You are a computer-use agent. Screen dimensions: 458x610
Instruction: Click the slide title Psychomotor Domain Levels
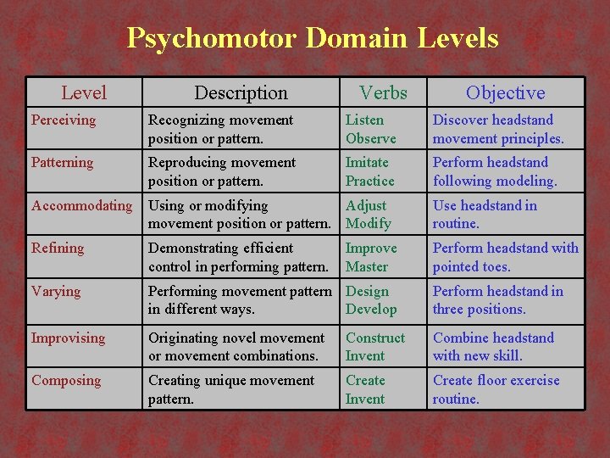tap(313, 38)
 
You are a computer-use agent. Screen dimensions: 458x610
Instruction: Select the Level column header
tap(84, 92)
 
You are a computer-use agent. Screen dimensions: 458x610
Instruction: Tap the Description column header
tap(241, 92)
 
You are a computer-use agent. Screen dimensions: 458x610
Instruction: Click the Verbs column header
tap(383, 92)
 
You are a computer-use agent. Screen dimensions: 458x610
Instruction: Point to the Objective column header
tap(505, 92)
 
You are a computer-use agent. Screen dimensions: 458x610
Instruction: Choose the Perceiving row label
tap(64, 120)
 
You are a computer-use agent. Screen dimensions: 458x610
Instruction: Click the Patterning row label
tap(62, 163)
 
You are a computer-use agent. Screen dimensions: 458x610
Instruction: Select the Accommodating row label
tap(81, 206)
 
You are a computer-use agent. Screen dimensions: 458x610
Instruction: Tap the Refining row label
tap(58, 249)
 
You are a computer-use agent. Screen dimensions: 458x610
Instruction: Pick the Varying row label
tap(56, 292)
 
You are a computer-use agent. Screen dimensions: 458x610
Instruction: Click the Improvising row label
tap(69, 338)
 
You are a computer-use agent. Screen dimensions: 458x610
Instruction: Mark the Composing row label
tap(66, 381)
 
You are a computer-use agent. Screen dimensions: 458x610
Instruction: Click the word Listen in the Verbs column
tap(364, 120)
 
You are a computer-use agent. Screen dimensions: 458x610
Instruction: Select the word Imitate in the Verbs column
tap(367, 163)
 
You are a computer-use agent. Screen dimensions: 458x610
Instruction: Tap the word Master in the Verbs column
tap(367, 267)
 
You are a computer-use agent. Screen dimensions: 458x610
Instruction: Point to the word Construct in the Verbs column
tap(375, 338)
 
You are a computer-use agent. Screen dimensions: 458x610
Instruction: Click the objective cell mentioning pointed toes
tap(505, 258)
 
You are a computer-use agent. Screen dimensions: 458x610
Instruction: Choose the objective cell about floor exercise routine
tap(496, 389)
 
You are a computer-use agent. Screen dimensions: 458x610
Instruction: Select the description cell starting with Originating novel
tap(236, 347)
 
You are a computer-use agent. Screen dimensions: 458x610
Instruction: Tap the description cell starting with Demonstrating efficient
tap(238, 258)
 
